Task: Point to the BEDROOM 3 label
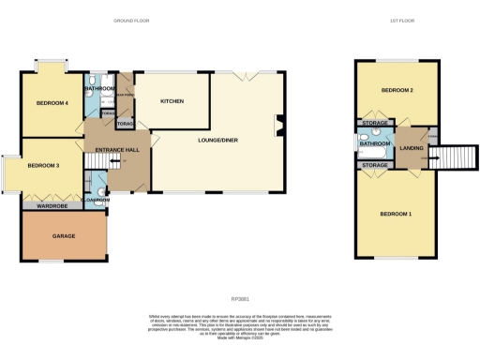43,166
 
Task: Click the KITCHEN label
172,101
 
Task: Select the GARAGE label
64,235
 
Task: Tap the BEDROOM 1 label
395,215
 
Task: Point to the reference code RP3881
242,273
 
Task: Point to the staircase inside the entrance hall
97,179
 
